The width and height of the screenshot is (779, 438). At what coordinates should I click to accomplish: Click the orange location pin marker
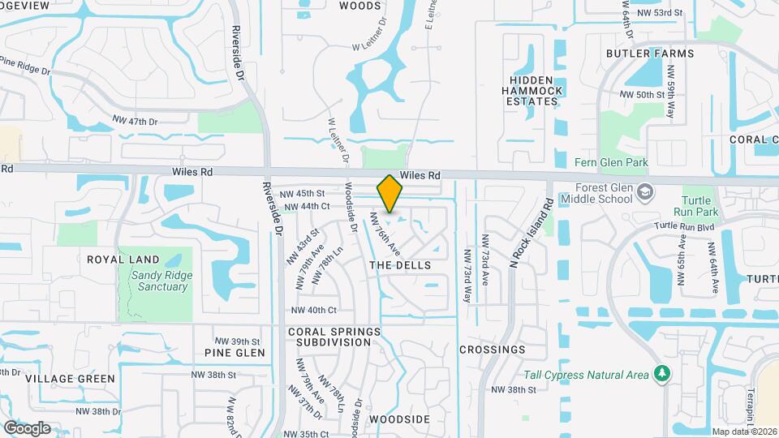coord(390,193)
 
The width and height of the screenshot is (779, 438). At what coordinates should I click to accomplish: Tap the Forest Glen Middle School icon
coord(645,193)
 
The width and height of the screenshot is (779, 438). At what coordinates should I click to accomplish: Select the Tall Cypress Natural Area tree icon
coord(663,373)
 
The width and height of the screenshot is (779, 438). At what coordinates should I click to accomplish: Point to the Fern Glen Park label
coord(610,162)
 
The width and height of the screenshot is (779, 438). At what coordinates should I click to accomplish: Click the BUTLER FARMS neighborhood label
coord(650,54)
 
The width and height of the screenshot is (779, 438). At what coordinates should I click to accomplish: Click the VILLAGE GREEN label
coord(70,378)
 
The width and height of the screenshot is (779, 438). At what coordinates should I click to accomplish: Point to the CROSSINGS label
coord(492,350)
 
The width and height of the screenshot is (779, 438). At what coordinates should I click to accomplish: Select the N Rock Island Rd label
coord(529,234)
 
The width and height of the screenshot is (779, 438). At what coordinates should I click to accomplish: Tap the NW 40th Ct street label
coord(313,310)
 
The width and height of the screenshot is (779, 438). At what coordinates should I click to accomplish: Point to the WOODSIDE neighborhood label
coord(398,419)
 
